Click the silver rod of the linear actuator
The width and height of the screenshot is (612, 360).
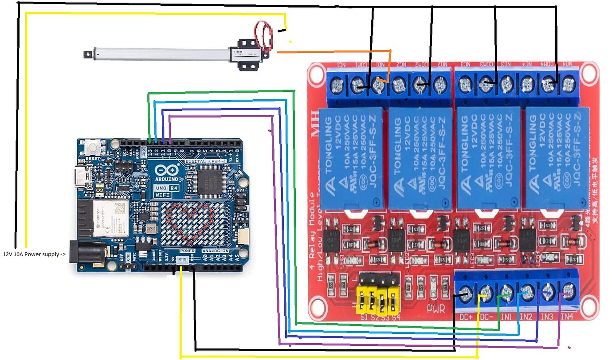pyautogui.click(x=160, y=53)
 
